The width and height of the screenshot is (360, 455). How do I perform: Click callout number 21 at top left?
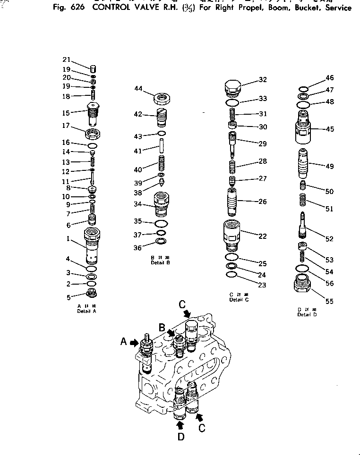[x=66, y=59]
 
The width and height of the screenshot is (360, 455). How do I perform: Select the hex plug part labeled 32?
[x=231, y=87]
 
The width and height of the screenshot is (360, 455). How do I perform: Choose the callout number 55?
[x=329, y=301]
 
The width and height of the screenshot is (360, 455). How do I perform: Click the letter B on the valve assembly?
[x=162, y=327]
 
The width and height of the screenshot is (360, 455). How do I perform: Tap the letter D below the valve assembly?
[x=181, y=437]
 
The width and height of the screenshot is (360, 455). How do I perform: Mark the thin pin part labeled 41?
[x=161, y=152]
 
